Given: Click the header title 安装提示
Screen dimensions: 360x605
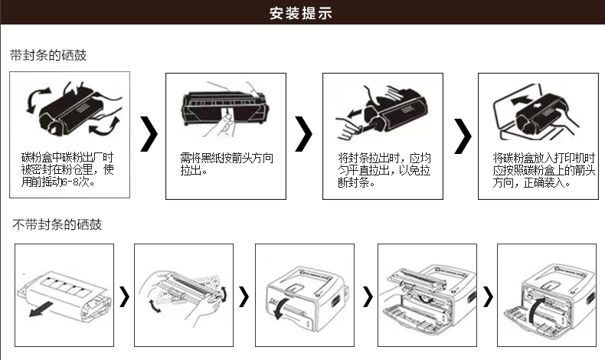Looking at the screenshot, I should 301,13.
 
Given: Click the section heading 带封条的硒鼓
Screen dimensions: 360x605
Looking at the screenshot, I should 48,56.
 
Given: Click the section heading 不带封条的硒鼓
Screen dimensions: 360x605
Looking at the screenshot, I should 57,224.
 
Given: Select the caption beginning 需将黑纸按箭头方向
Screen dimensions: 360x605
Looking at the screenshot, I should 226,163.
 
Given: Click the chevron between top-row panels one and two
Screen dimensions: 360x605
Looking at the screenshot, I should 149,135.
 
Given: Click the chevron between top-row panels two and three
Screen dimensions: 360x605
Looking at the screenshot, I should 304,135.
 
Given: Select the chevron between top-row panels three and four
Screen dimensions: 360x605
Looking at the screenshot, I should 462,136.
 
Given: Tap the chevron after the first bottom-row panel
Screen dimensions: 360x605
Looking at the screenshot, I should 124,296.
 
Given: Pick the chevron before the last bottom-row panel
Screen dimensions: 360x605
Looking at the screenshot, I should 488,296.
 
